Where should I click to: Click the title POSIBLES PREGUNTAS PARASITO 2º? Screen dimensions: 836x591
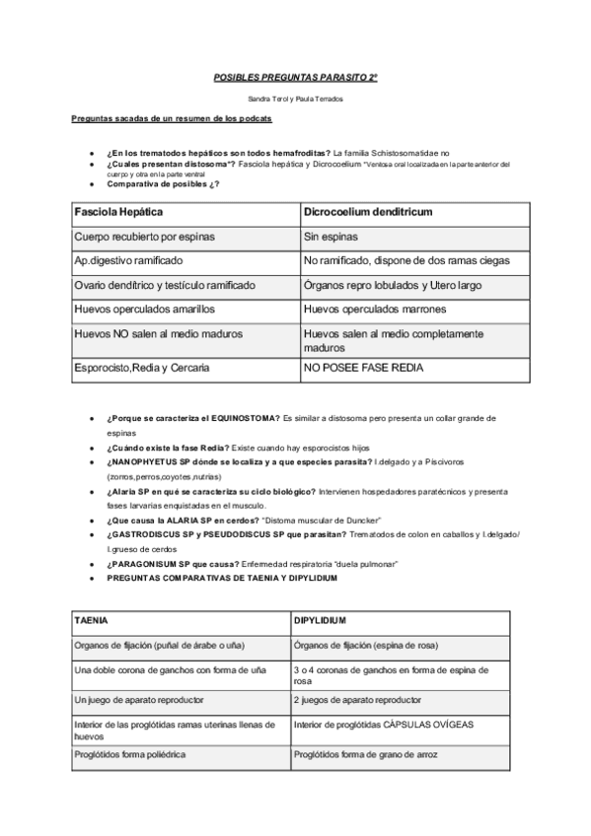tap(296, 75)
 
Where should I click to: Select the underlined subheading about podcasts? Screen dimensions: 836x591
tap(172, 118)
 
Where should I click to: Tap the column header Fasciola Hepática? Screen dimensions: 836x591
tap(118, 212)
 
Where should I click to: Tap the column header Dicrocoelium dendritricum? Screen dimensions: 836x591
tap(369, 212)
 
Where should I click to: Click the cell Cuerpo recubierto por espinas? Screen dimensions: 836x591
tap(144, 237)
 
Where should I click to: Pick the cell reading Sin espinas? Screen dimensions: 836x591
tap(332, 237)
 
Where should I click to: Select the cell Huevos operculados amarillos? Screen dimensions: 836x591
tap(144, 309)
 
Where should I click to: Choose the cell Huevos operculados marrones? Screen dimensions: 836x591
tap(370, 309)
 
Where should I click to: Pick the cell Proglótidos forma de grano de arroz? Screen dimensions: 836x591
tap(365, 754)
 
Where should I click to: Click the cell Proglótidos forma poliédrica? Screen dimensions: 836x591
tap(130, 754)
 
